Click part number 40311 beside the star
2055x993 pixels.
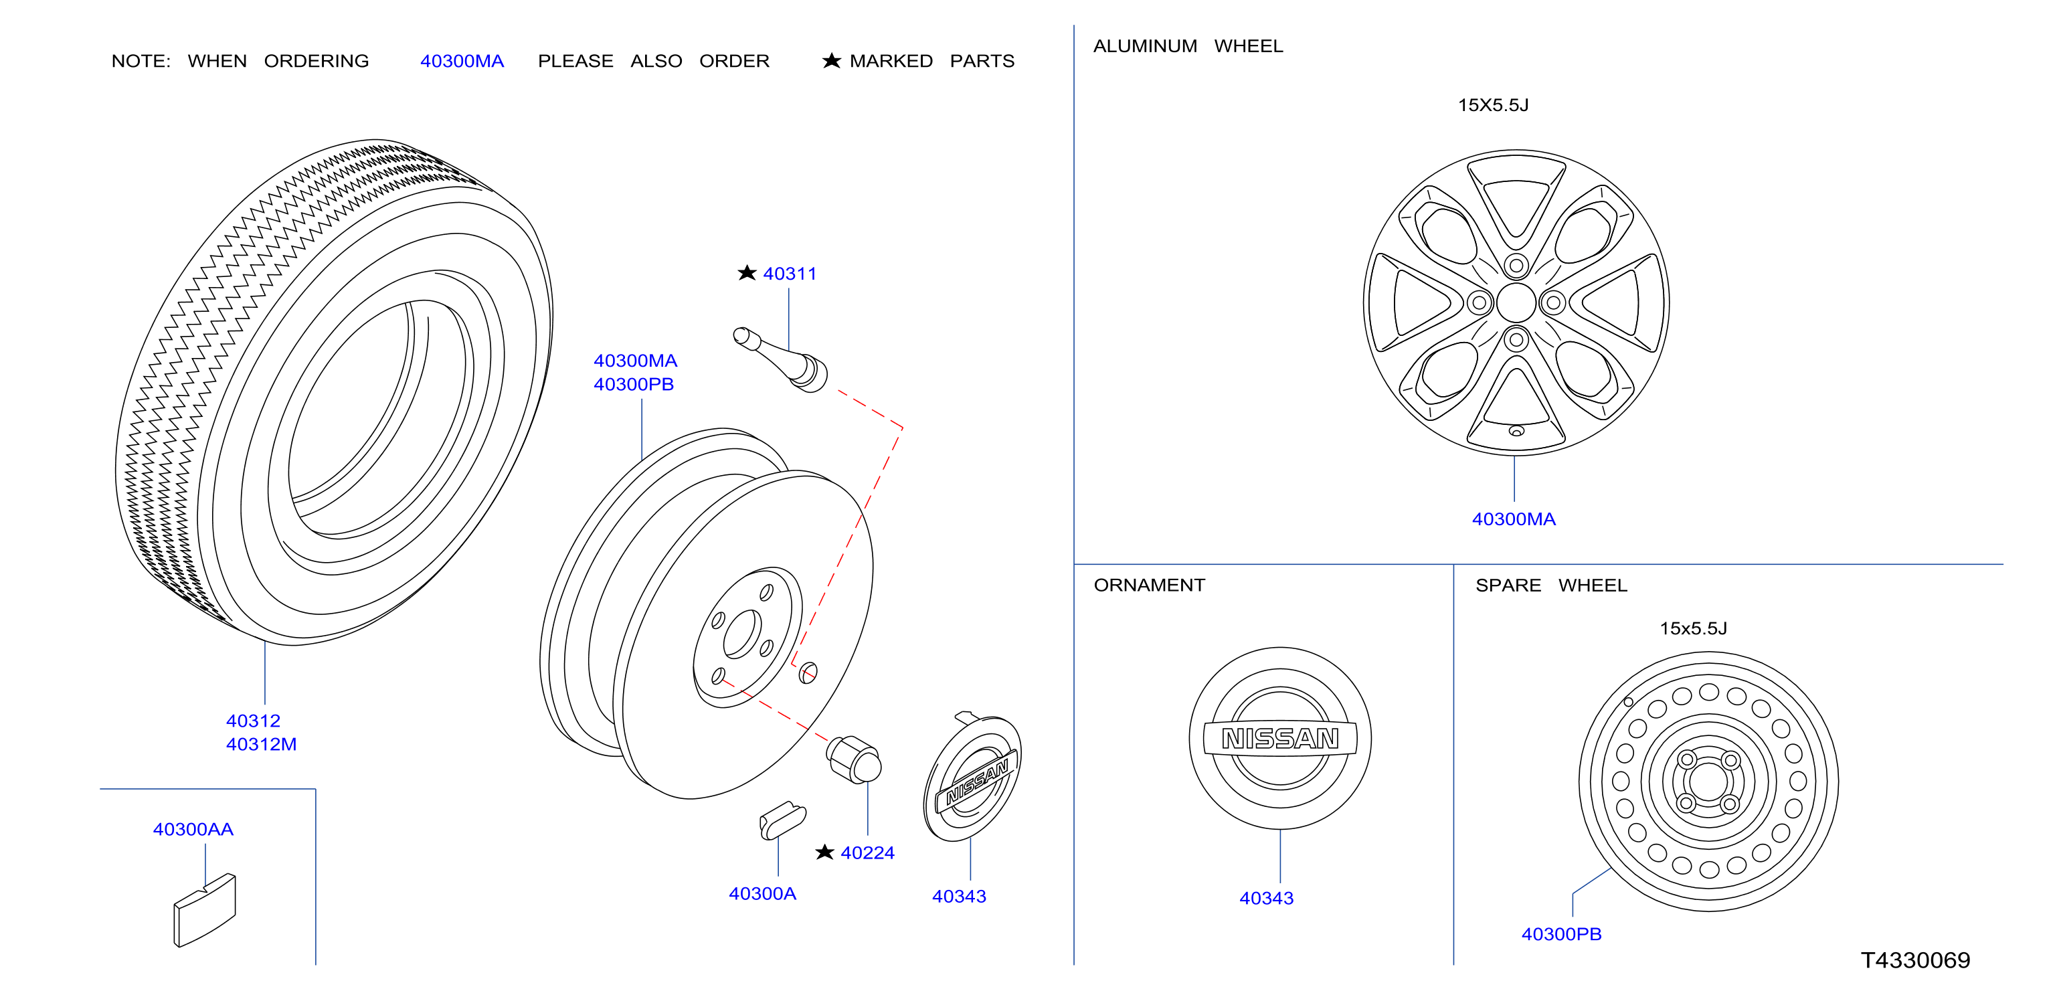790,274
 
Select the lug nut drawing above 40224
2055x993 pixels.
854,759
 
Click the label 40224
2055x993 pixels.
867,852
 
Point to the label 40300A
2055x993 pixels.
763,893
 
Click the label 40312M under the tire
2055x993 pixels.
261,744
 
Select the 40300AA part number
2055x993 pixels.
193,830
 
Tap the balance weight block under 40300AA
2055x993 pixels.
205,910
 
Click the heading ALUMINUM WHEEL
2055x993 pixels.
1188,46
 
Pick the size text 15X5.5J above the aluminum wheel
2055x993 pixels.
1494,105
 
